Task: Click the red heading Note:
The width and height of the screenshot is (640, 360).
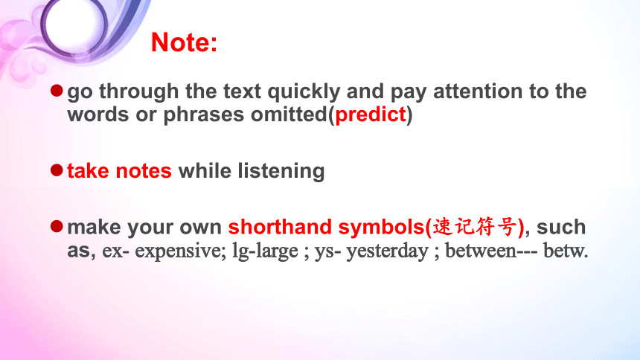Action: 184,42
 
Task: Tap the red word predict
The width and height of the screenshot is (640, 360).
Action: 371,115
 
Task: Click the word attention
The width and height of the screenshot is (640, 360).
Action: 478,91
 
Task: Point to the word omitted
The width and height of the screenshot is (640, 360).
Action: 289,115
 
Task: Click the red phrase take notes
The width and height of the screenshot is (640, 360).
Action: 120,170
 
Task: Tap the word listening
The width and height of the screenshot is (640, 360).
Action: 281,171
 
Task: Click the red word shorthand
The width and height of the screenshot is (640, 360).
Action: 280,227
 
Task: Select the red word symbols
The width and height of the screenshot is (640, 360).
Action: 382,228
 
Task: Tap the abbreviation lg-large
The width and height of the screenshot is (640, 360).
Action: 266,251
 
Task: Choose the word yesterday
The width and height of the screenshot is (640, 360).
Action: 387,251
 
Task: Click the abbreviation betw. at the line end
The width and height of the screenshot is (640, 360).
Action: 566,251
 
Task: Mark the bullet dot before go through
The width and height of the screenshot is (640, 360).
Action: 57,91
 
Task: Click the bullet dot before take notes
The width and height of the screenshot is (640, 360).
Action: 57,170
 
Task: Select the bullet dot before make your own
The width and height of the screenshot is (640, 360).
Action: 57,226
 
